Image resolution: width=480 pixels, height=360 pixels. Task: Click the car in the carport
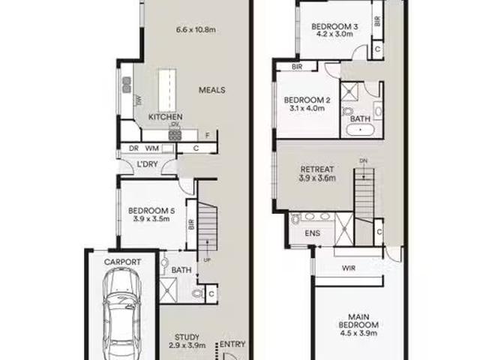[122, 313]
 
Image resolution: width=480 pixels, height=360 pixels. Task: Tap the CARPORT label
[122, 262]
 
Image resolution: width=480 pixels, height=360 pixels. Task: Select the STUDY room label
[187, 337]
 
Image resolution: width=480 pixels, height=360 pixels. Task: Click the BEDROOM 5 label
[151, 211]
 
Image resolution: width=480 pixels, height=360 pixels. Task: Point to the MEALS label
[211, 90]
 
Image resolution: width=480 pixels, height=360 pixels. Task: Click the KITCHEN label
[165, 117]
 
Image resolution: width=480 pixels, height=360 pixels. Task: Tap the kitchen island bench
[167, 91]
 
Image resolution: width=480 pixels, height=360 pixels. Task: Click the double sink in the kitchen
[127, 85]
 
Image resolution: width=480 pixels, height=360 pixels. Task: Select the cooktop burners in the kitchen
[175, 135]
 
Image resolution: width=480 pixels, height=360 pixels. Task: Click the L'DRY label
[147, 164]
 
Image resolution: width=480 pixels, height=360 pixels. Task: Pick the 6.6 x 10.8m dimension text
[196, 30]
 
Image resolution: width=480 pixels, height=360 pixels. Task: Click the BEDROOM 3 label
[334, 26]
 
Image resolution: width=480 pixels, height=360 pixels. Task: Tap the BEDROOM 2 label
[307, 100]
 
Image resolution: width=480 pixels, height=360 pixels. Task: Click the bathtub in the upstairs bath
[361, 130]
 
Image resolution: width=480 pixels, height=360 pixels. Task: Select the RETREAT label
[317, 169]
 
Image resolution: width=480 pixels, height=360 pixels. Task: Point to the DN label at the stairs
[363, 160]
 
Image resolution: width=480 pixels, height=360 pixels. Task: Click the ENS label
[313, 233]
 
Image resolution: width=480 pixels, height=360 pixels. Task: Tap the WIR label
[349, 268]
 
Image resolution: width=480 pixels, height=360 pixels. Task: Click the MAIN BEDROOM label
[358, 321]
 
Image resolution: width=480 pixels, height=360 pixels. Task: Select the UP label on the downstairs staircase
[207, 260]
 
